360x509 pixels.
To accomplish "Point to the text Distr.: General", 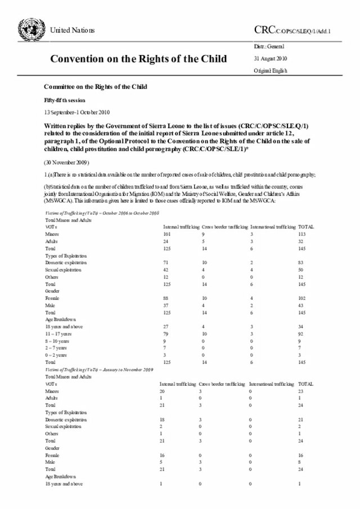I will (x=269, y=46).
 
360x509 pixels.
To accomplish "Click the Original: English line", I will (x=271, y=71).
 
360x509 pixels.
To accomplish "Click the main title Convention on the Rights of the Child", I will (x=138, y=58).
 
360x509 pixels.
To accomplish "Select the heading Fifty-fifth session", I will (x=65, y=100).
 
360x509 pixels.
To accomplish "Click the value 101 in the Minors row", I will (x=166, y=233).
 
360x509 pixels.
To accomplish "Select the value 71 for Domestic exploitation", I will (x=165, y=262).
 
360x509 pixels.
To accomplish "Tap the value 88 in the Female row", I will (x=165, y=298).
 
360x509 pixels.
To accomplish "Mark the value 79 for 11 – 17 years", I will (x=165, y=335).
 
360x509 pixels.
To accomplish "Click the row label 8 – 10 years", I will (x=57, y=341).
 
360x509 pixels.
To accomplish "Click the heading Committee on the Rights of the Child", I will (x=95, y=87).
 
